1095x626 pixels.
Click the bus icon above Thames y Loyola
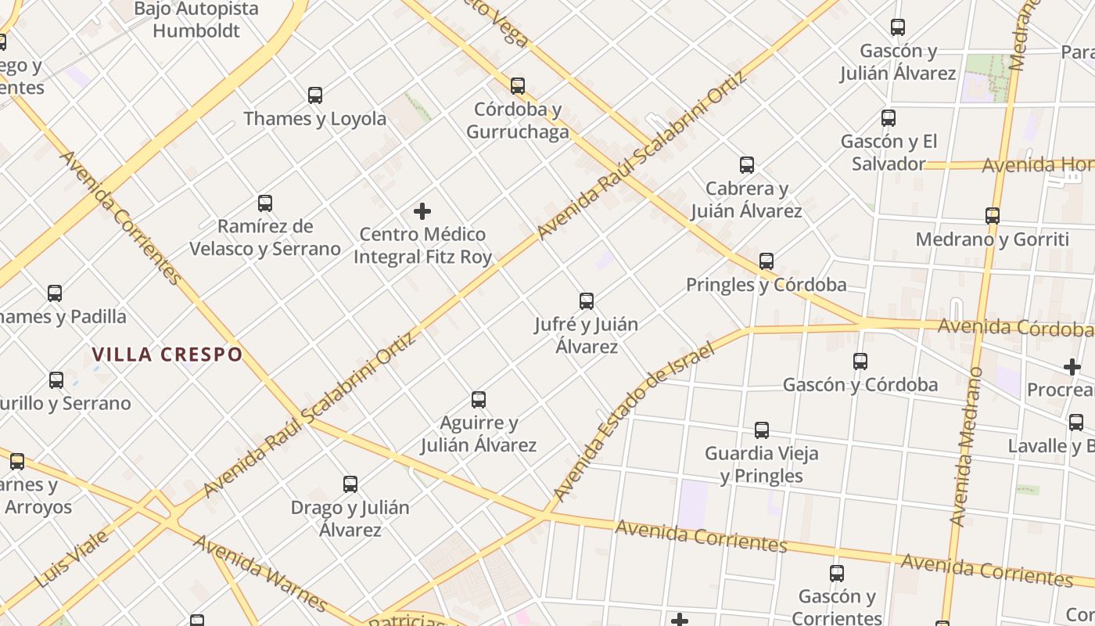[x=315, y=95]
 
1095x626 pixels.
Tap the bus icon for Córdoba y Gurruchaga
[x=518, y=85]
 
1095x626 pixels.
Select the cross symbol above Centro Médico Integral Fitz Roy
[x=422, y=211]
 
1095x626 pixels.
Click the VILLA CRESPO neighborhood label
[x=167, y=354]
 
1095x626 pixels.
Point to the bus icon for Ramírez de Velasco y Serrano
[x=265, y=203]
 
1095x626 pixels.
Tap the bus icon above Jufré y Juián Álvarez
[x=587, y=300]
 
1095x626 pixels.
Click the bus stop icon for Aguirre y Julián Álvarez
[x=479, y=400]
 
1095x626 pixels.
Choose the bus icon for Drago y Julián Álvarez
[x=350, y=484]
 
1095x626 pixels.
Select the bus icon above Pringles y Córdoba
[x=766, y=261]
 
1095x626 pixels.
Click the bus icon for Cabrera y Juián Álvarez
[x=747, y=165]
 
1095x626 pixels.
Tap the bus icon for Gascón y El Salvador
[x=889, y=118]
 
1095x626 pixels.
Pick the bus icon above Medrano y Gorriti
[x=993, y=216]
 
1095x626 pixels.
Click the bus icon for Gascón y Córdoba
[x=860, y=362]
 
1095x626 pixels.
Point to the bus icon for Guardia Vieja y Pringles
[x=762, y=430]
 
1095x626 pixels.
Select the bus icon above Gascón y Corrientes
[x=837, y=574]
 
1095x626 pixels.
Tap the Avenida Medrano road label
[x=965, y=446]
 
